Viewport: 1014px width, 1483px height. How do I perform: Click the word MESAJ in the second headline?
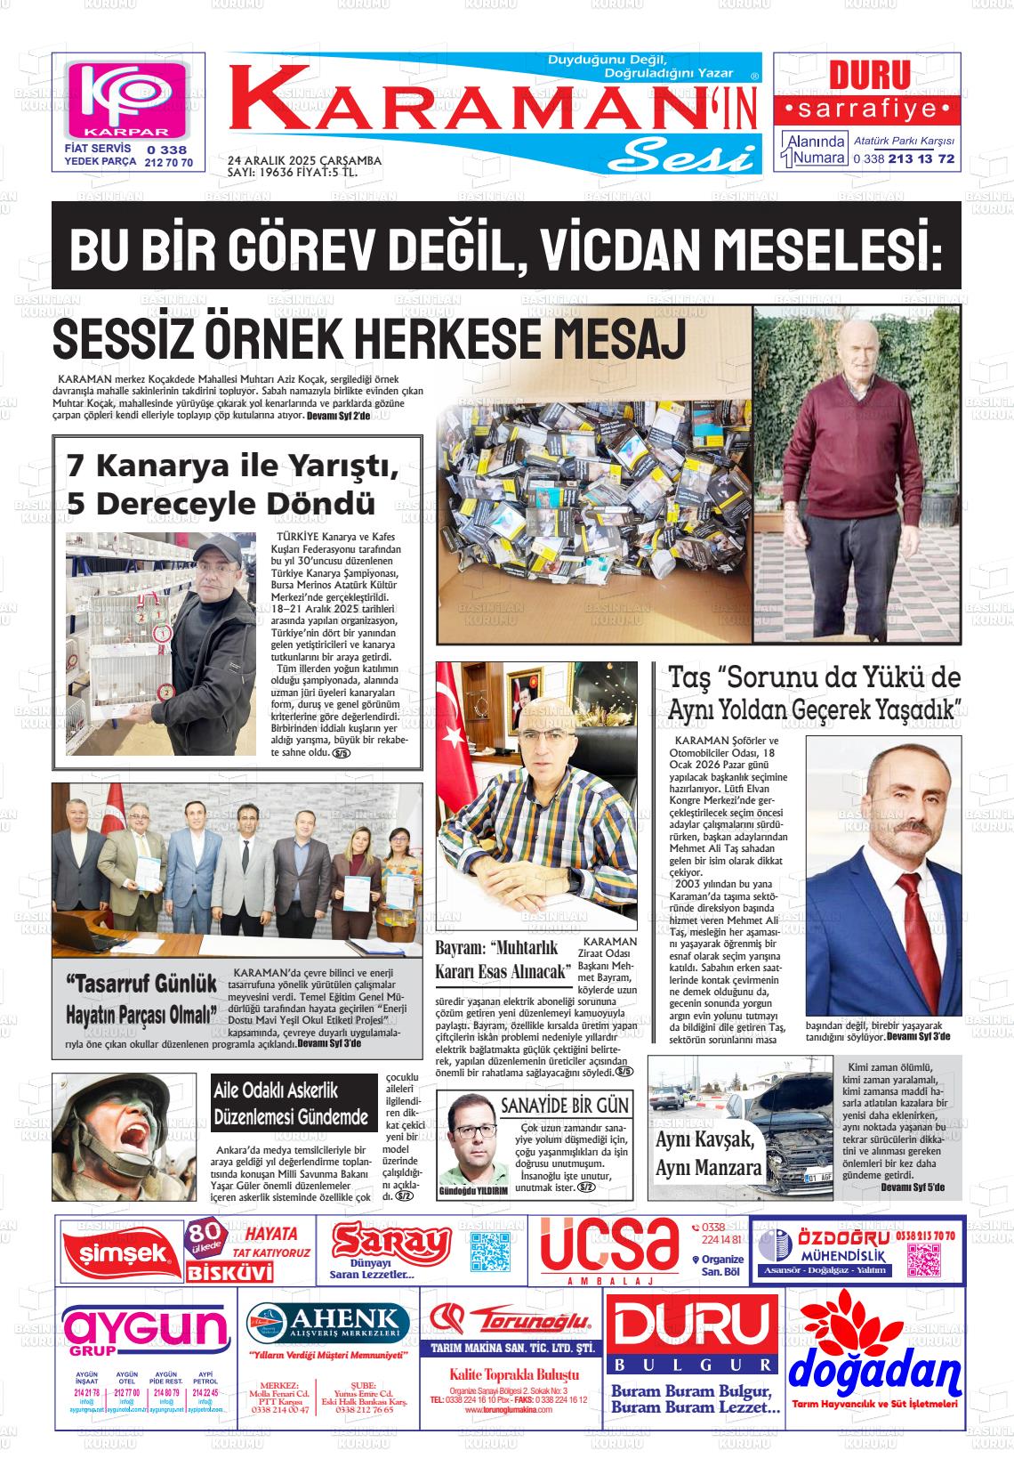tap(620, 338)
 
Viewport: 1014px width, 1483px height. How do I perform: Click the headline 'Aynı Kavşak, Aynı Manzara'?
tap(708, 1154)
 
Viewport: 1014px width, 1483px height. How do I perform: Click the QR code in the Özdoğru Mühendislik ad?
tap(924, 1260)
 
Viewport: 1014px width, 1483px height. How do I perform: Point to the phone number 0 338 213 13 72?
tap(903, 158)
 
